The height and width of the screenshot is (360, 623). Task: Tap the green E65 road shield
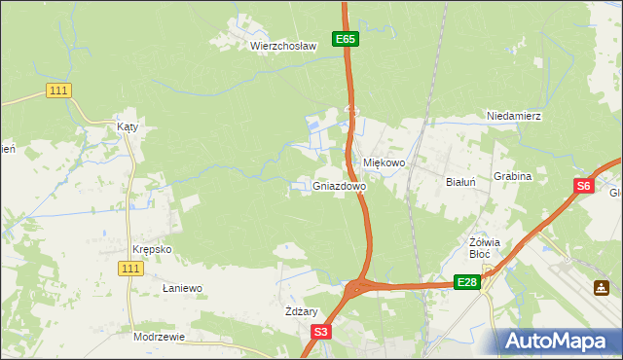(x=346, y=39)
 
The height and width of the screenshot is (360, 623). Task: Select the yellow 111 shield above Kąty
(x=58, y=90)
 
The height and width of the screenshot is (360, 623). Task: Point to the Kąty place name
(x=128, y=126)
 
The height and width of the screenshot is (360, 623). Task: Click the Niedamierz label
(x=514, y=116)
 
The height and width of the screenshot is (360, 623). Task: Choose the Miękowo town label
(x=384, y=162)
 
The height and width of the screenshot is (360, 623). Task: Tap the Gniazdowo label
(x=340, y=185)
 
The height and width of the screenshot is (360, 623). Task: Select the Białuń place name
(x=460, y=182)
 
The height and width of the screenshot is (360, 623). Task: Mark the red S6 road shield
(x=582, y=187)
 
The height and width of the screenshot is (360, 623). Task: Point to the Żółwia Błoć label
(x=484, y=248)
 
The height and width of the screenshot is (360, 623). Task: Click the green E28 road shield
(x=467, y=282)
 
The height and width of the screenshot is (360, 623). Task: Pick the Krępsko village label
(x=152, y=248)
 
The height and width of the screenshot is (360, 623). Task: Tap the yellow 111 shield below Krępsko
(x=130, y=268)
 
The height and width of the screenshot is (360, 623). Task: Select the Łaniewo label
(x=181, y=289)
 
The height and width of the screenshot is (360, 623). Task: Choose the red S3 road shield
(x=321, y=332)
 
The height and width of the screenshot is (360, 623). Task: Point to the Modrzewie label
(x=159, y=336)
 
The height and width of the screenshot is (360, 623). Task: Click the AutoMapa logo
(x=554, y=342)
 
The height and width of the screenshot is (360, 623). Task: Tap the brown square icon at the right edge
(x=603, y=288)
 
